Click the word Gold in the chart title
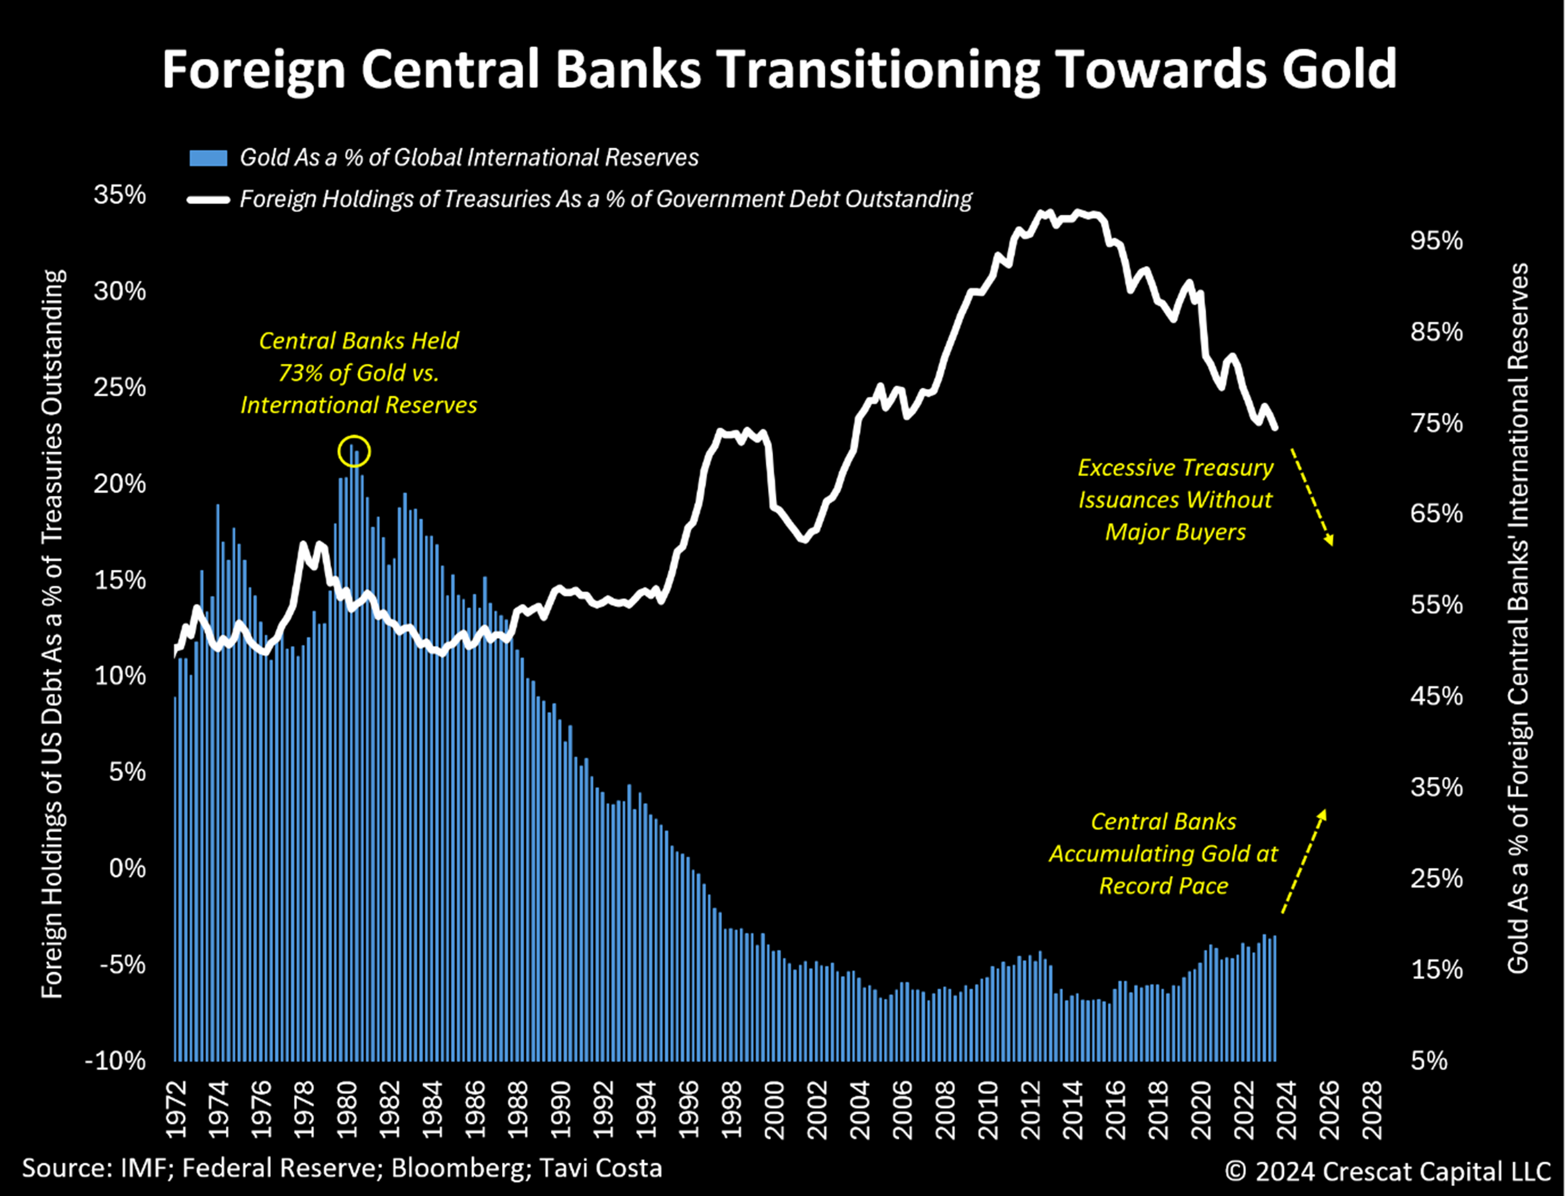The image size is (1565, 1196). tap(1339, 70)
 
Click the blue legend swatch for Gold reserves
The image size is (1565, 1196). tap(208, 157)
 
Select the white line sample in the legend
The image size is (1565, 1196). tap(208, 200)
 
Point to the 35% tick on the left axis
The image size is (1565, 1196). tap(120, 195)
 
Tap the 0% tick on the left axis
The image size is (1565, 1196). tap(127, 869)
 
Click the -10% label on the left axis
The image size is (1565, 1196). tap(115, 1061)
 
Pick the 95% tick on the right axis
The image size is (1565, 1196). tap(1436, 241)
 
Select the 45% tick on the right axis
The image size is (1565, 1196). tap(1436, 695)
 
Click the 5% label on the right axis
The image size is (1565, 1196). tap(1429, 1061)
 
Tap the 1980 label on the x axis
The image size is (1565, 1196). tap(347, 1111)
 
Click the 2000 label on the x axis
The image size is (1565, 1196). tap(774, 1111)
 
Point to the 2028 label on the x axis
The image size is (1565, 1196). tap(1372, 1111)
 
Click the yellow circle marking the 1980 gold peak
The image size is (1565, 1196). tap(354, 451)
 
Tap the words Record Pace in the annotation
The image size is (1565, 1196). tap(1164, 886)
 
